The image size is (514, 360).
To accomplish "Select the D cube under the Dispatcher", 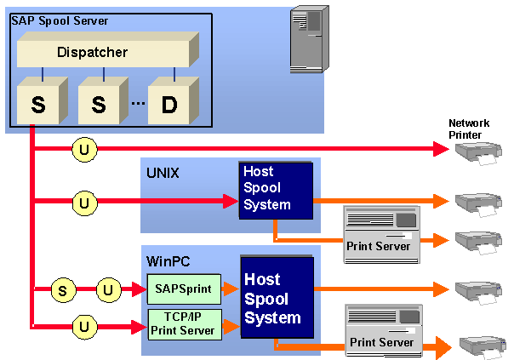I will tap(168, 105).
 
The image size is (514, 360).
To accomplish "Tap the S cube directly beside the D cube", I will tap(99, 105).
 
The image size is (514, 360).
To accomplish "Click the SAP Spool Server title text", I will tap(60, 20).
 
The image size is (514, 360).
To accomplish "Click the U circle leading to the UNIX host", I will tap(83, 203).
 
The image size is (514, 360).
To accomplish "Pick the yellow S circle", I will tap(61, 290).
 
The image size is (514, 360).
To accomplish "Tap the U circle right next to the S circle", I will tap(108, 290).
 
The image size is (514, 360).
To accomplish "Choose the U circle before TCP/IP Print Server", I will tap(83, 324).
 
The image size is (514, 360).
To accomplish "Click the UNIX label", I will tap(163, 173).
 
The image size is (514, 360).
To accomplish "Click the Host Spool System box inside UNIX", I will tap(275, 189).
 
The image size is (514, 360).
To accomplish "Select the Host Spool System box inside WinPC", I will tap(277, 298).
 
